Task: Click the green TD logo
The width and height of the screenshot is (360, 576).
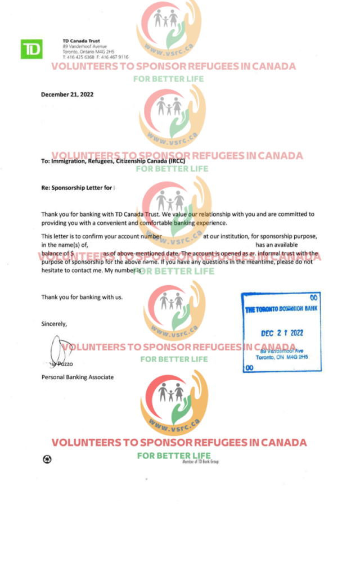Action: (x=31, y=49)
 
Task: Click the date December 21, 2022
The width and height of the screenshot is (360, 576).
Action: (x=67, y=94)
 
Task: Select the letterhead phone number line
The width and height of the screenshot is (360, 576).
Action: (x=96, y=57)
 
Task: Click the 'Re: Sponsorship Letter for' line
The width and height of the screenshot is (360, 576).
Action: (x=78, y=188)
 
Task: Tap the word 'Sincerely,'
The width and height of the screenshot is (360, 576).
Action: (x=54, y=324)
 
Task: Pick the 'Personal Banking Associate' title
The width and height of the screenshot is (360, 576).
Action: (x=78, y=377)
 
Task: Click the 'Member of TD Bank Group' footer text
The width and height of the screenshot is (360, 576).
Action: (x=200, y=462)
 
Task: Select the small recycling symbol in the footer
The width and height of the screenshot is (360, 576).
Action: (x=47, y=459)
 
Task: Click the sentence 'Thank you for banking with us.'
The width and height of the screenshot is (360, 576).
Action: (x=82, y=297)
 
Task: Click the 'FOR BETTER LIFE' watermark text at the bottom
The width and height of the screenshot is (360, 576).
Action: (x=174, y=455)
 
